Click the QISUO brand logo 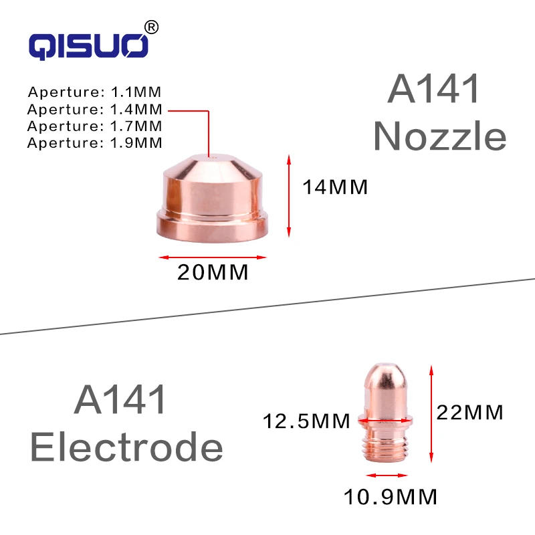click(x=88, y=45)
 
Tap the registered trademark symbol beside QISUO click(x=152, y=27)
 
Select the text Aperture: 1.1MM click(x=95, y=92)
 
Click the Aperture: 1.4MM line click(x=95, y=108)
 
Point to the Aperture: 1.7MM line click(x=95, y=125)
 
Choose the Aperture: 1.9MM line click(x=95, y=142)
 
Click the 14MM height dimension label click(x=335, y=187)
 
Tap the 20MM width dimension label click(x=213, y=273)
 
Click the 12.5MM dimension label click(x=306, y=421)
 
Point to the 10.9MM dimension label click(x=391, y=497)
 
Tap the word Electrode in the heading click(x=126, y=446)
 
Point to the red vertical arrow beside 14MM click(x=289, y=195)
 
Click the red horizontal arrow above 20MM click(x=213, y=257)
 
